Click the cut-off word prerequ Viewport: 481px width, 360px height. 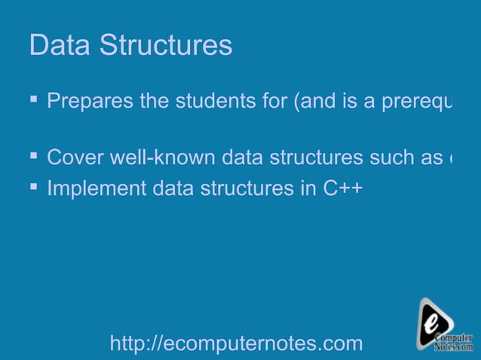click(x=415, y=102)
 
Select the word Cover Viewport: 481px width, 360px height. click(x=74, y=158)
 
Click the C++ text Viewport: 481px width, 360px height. click(x=343, y=188)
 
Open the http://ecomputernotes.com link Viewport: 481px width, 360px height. click(x=236, y=344)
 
